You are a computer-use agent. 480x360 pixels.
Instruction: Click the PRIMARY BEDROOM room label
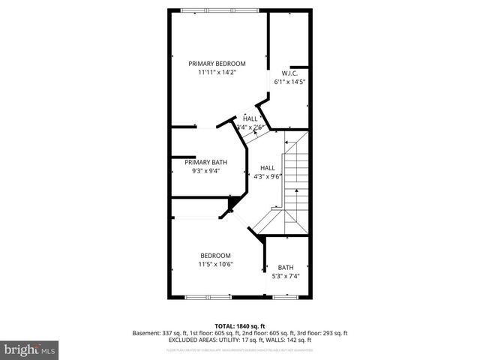217,64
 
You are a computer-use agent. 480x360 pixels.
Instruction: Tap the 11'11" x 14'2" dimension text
217,73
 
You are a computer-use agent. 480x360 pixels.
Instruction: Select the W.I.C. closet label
290,73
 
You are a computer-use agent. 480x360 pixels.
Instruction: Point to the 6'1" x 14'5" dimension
290,81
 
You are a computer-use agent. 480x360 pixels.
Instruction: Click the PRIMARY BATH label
205,162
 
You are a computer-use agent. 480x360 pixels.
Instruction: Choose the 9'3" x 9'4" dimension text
205,171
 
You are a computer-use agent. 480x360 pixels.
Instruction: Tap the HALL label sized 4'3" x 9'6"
267,167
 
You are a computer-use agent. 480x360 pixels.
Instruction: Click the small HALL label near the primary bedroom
250,118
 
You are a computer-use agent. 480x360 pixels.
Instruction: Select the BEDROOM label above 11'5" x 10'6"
215,255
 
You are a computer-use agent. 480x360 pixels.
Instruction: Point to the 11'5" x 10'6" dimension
215,264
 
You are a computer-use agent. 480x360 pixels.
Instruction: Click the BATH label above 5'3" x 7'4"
286,268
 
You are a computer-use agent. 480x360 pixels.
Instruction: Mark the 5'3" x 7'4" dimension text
286,276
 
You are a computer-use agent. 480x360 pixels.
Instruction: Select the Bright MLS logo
30,349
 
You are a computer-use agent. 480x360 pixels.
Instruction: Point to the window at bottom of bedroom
208,298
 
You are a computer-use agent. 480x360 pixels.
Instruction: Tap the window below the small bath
286,298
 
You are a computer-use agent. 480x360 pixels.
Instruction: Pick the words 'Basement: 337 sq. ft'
159,333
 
